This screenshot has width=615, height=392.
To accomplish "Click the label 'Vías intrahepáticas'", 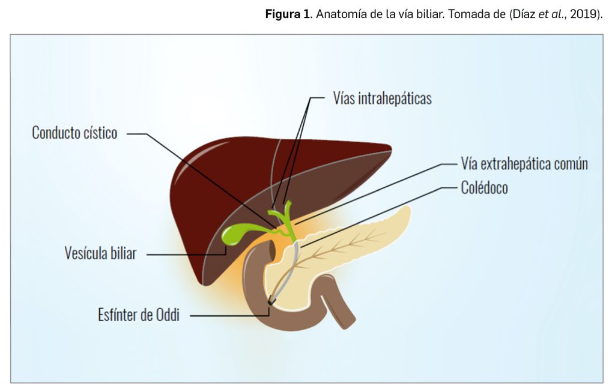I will [382, 98].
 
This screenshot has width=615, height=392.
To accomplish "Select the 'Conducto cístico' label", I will [74, 133].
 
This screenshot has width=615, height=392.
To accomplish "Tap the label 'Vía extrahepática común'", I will [524, 163].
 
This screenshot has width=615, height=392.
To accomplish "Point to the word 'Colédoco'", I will [484, 188].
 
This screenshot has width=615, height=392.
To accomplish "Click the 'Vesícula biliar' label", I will [100, 253].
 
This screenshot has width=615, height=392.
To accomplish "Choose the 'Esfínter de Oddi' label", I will [139, 315].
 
